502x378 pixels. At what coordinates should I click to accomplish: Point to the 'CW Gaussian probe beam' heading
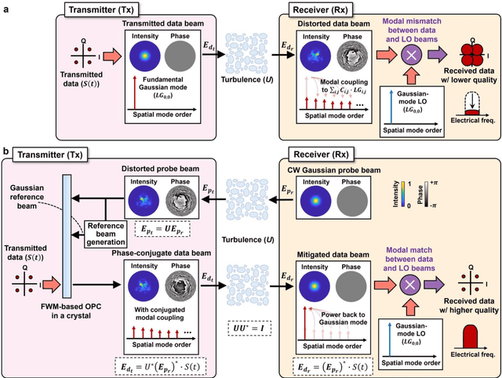pyautogui.click(x=333, y=167)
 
